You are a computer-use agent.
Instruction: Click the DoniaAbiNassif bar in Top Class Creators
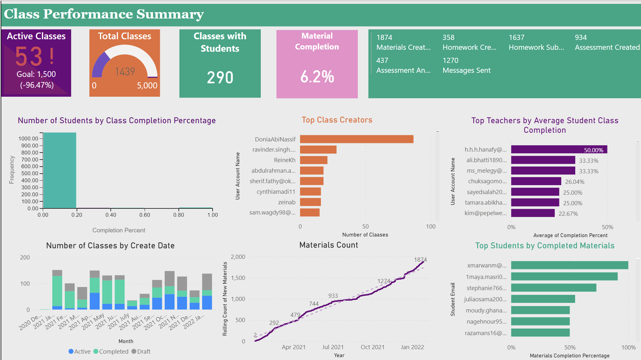tap(356, 139)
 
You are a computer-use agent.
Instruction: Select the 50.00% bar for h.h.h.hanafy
tap(559, 150)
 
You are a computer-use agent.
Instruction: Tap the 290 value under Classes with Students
tap(220, 78)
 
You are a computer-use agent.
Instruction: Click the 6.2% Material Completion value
tap(317, 77)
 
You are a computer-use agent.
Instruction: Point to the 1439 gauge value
tap(125, 71)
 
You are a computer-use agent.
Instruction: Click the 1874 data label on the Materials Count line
tap(420, 260)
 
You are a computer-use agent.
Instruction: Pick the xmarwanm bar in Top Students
tap(569, 265)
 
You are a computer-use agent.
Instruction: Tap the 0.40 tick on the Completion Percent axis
tap(111, 215)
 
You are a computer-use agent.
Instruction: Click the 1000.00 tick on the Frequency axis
tap(28, 139)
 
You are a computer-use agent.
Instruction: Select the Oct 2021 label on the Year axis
tap(372, 347)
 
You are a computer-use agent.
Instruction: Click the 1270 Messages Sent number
tap(450, 60)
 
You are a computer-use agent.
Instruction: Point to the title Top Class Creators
tap(337, 120)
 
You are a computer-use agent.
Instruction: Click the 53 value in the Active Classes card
tap(29, 56)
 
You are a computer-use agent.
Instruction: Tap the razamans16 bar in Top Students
tap(540, 333)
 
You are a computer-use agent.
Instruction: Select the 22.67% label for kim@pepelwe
tap(568, 214)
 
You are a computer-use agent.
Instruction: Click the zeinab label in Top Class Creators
tap(286, 202)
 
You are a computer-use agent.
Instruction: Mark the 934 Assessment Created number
tap(581, 38)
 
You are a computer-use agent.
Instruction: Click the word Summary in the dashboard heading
tap(170, 14)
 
